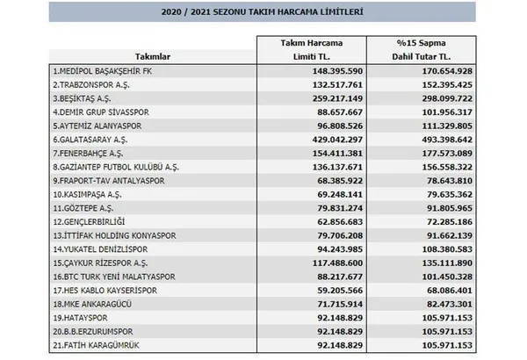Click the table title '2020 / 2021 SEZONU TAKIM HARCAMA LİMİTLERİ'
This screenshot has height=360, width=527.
pyautogui.click(x=263, y=13)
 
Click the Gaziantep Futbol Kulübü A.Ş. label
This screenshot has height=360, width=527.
pyautogui.click(x=117, y=166)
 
